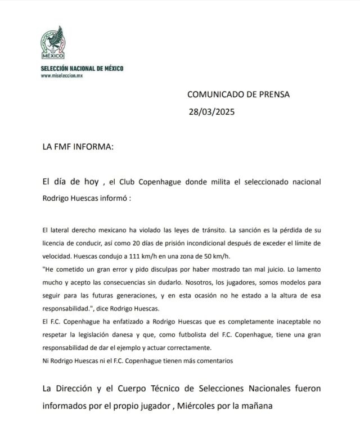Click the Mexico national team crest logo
tap(54, 43)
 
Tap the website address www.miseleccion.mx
tap(61, 76)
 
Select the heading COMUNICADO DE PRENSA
tap(238, 94)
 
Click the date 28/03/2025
tap(211, 111)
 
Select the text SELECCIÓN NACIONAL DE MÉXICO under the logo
tap(82, 68)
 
